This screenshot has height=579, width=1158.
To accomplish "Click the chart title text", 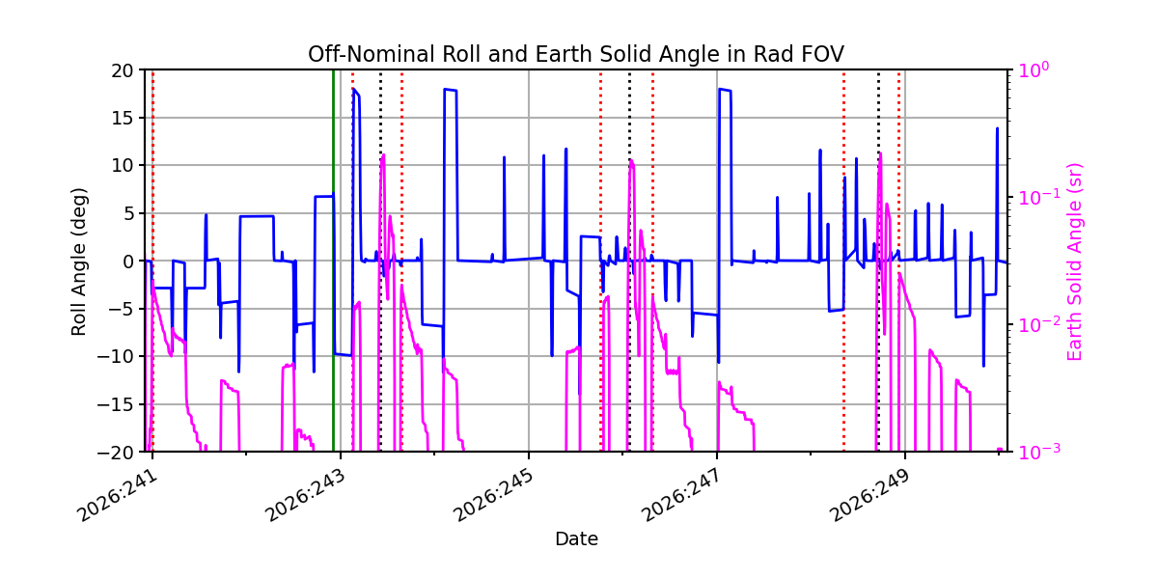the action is click(576, 54).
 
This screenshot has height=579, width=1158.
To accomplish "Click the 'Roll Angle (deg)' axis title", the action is click(78, 262).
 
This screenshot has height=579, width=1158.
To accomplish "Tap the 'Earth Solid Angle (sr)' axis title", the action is click(1074, 262).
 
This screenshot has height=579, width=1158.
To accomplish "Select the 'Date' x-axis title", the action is click(576, 539).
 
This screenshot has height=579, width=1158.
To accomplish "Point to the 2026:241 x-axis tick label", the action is click(118, 496).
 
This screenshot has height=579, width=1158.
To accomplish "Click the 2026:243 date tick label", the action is click(306, 496).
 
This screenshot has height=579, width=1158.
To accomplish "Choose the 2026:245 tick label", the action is click(494, 496).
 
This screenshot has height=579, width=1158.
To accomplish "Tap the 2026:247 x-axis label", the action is click(682, 496).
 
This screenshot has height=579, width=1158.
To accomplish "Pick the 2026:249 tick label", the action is click(870, 496).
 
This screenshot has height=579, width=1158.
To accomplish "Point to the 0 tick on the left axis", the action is click(128, 262).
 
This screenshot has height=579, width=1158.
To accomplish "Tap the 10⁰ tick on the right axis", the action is click(1034, 69).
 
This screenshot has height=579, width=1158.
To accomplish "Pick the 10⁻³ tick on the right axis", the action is click(1039, 452).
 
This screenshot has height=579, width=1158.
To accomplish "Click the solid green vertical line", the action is click(334, 261).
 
